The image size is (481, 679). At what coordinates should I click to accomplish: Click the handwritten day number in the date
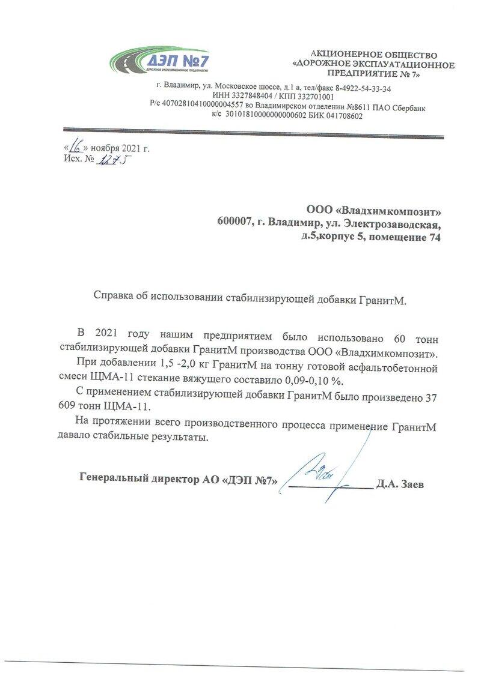(x=76, y=146)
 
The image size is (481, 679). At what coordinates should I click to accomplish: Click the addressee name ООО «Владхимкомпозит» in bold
(x=373, y=211)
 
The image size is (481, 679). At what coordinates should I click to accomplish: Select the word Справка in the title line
(x=114, y=295)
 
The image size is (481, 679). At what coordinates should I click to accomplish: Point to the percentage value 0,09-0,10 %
(x=309, y=380)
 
